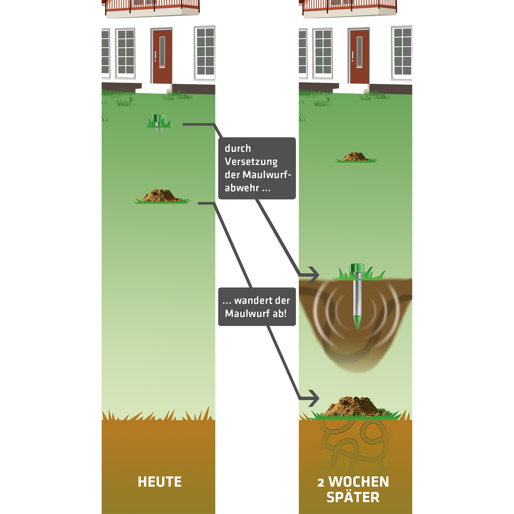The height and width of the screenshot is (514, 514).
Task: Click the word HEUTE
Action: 160,482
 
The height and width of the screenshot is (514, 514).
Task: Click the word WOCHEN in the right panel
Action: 359,482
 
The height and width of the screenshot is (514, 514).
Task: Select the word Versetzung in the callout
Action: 251,162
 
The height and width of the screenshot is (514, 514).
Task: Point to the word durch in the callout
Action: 238,148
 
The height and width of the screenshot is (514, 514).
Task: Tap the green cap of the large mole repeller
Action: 357,267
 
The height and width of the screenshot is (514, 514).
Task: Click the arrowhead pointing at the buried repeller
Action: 314,275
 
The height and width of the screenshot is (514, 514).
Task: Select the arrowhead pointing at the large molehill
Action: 314,398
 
